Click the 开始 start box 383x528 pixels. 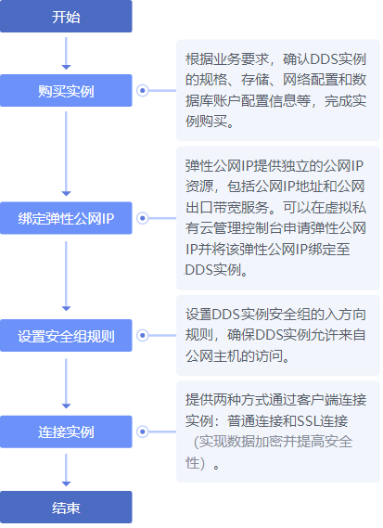(66, 16)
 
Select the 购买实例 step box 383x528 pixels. (66, 91)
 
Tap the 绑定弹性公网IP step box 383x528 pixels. (66, 218)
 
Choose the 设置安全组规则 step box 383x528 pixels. (66, 335)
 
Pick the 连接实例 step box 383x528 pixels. (66, 431)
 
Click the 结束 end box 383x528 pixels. (66, 508)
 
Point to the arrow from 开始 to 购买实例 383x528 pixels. (66, 54)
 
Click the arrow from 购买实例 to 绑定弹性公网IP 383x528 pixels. (66, 154)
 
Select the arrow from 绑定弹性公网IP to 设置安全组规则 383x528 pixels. (66, 277)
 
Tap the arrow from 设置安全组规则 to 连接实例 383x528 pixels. (66, 383)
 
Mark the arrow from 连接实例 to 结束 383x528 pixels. (66, 470)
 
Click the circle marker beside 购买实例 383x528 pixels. (143, 91)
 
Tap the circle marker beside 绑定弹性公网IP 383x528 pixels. (143, 218)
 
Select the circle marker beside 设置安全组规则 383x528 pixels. (143, 335)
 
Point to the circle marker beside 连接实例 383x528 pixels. (143, 431)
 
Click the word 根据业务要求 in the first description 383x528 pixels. (227, 59)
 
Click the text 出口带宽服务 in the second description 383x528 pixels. (227, 208)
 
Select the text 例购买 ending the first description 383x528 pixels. (206, 122)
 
